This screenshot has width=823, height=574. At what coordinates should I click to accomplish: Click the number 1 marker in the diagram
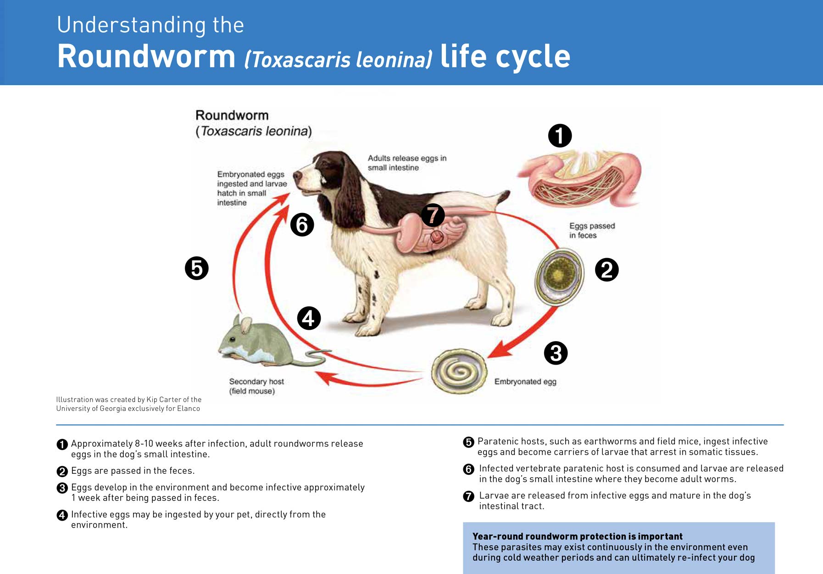point(560,135)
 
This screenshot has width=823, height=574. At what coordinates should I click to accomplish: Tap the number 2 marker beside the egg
point(606,270)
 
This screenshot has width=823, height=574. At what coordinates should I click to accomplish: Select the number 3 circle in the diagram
point(556,353)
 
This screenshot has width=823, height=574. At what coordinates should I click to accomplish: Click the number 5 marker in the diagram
point(196,268)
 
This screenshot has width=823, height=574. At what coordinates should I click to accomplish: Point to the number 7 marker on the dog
point(433,215)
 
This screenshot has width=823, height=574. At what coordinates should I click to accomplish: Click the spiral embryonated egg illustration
point(459,371)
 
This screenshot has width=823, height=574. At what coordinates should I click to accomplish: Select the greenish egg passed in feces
point(559,277)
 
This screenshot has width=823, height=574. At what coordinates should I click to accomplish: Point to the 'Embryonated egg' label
point(525,382)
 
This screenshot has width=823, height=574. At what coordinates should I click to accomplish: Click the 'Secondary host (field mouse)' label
point(256,386)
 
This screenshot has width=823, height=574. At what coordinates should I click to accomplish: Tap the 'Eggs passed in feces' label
point(592,231)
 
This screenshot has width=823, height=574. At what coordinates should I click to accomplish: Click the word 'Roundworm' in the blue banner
point(146,56)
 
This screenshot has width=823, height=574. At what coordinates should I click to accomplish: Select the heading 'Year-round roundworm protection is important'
point(578,536)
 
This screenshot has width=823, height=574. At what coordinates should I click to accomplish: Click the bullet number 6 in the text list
point(468,469)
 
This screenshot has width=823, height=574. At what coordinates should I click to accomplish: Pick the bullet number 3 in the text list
point(62,488)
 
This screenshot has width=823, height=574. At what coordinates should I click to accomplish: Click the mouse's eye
point(233,339)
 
